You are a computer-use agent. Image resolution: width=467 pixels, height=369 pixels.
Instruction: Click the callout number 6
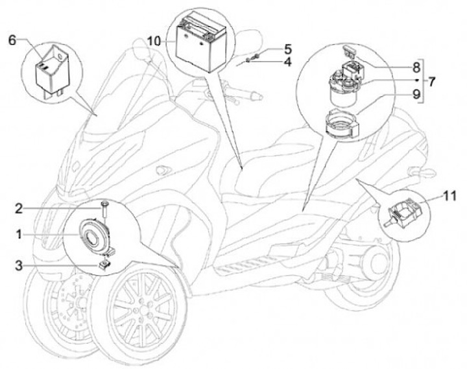pos(12,40)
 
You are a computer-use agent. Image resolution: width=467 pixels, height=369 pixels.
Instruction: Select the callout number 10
pos(154,42)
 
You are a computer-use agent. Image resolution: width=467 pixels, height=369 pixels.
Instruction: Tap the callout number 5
pos(288,49)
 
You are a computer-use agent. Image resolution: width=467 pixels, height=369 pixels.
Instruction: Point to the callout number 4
pos(288,62)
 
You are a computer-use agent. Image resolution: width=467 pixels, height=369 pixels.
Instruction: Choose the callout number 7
pos(431,81)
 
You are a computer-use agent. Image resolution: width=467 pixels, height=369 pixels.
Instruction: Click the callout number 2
pos(19,209)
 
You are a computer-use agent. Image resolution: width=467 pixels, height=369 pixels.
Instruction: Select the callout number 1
pos(19,235)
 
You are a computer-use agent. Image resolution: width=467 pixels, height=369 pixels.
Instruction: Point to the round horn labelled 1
pos(94,236)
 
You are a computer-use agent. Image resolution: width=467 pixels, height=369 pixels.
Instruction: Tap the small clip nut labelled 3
pos(104,264)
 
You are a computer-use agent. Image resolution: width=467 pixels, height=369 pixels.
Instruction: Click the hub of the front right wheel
pos(143,311)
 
